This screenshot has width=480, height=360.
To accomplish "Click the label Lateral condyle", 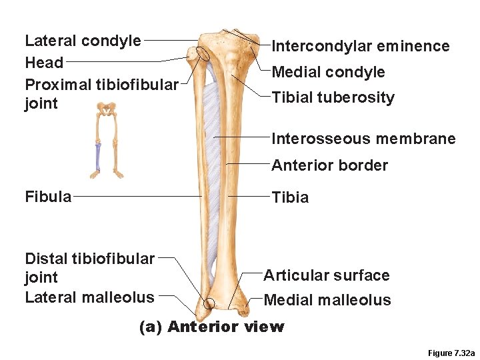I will pyautogui.click(x=83, y=41).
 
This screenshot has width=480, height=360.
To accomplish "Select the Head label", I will pyautogui.click(x=44, y=63).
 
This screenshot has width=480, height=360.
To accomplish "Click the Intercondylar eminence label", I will pyautogui.click(x=360, y=46).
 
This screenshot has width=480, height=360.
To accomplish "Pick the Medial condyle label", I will pyautogui.click(x=328, y=72).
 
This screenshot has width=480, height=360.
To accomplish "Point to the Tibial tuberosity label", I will pyautogui.click(x=333, y=97).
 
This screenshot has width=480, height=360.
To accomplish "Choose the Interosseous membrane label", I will pyautogui.click(x=363, y=139).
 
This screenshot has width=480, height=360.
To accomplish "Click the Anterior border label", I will pyautogui.click(x=329, y=165).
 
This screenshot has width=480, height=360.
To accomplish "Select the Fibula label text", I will pyautogui.click(x=48, y=197).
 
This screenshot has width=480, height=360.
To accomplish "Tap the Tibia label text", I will pyautogui.click(x=290, y=197).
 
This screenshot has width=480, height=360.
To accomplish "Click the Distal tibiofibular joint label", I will pyautogui.click(x=89, y=267).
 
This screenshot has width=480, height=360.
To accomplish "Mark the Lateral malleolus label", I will pyautogui.click(x=89, y=297).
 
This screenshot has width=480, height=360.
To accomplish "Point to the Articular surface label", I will pyautogui.click(x=326, y=275).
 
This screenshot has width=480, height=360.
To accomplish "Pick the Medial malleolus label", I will pyautogui.click(x=327, y=300).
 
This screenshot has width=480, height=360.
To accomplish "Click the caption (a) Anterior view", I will pyautogui.click(x=211, y=327).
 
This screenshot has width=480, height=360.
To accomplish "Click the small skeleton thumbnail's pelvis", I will pyautogui.click(x=104, y=107).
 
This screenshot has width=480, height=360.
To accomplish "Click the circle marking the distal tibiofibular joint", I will pyautogui.click(x=209, y=304).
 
